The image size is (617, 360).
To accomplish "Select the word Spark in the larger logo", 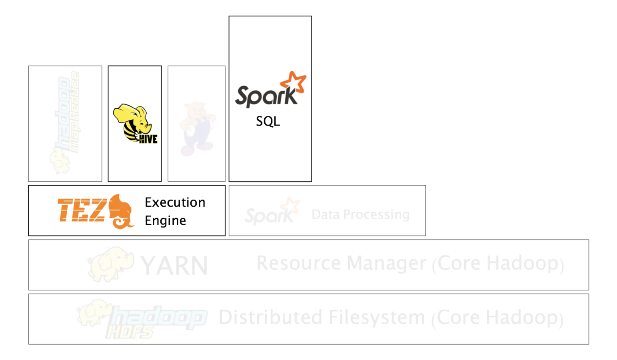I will [x=265, y=96].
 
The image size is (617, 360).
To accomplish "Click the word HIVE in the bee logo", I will [x=148, y=139].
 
